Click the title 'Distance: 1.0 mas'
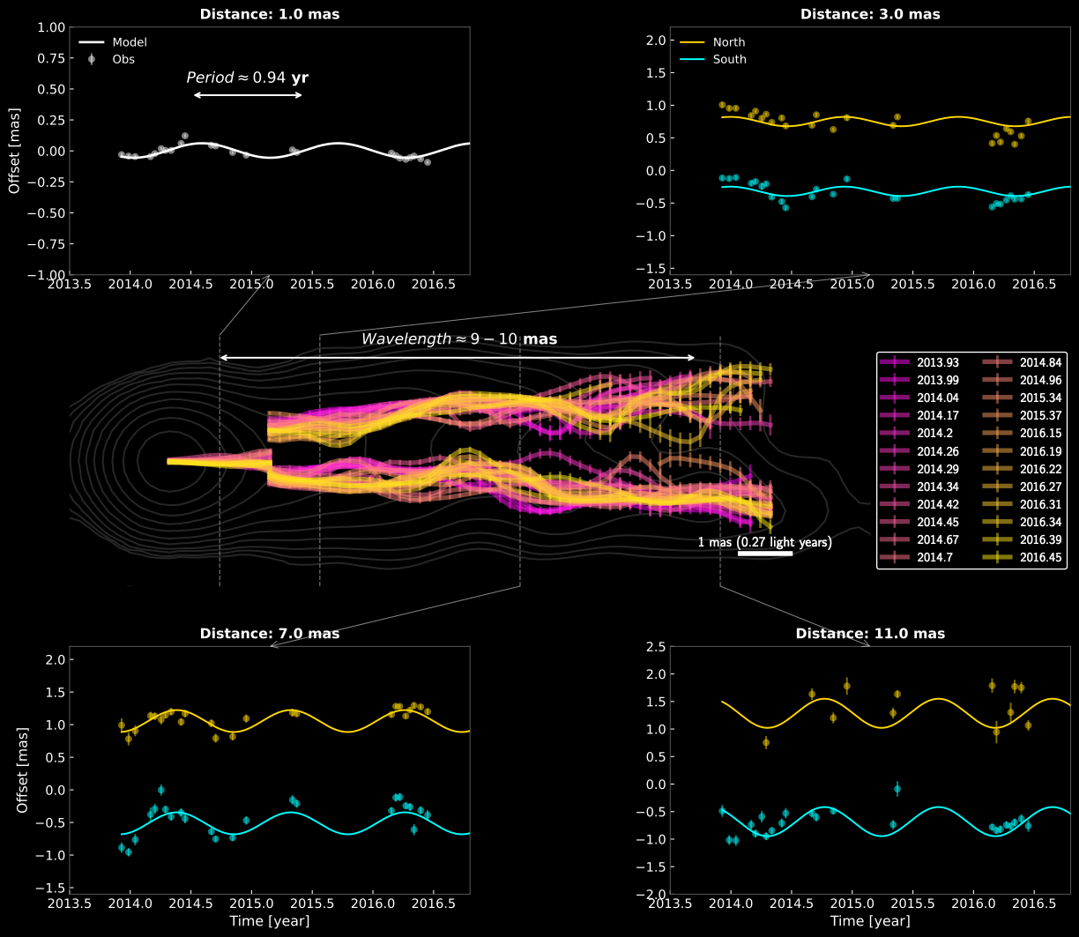(269, 14)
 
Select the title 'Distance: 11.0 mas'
(870, 634)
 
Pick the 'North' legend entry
(728, 42)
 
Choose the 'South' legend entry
(729, 60)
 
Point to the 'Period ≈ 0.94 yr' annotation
(247, 78)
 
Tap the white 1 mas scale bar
(765, 554)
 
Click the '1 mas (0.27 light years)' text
(765, 543)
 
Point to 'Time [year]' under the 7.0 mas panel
(269, 921)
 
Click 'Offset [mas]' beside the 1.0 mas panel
(14, 151)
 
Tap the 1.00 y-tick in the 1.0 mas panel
(50, 27)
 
